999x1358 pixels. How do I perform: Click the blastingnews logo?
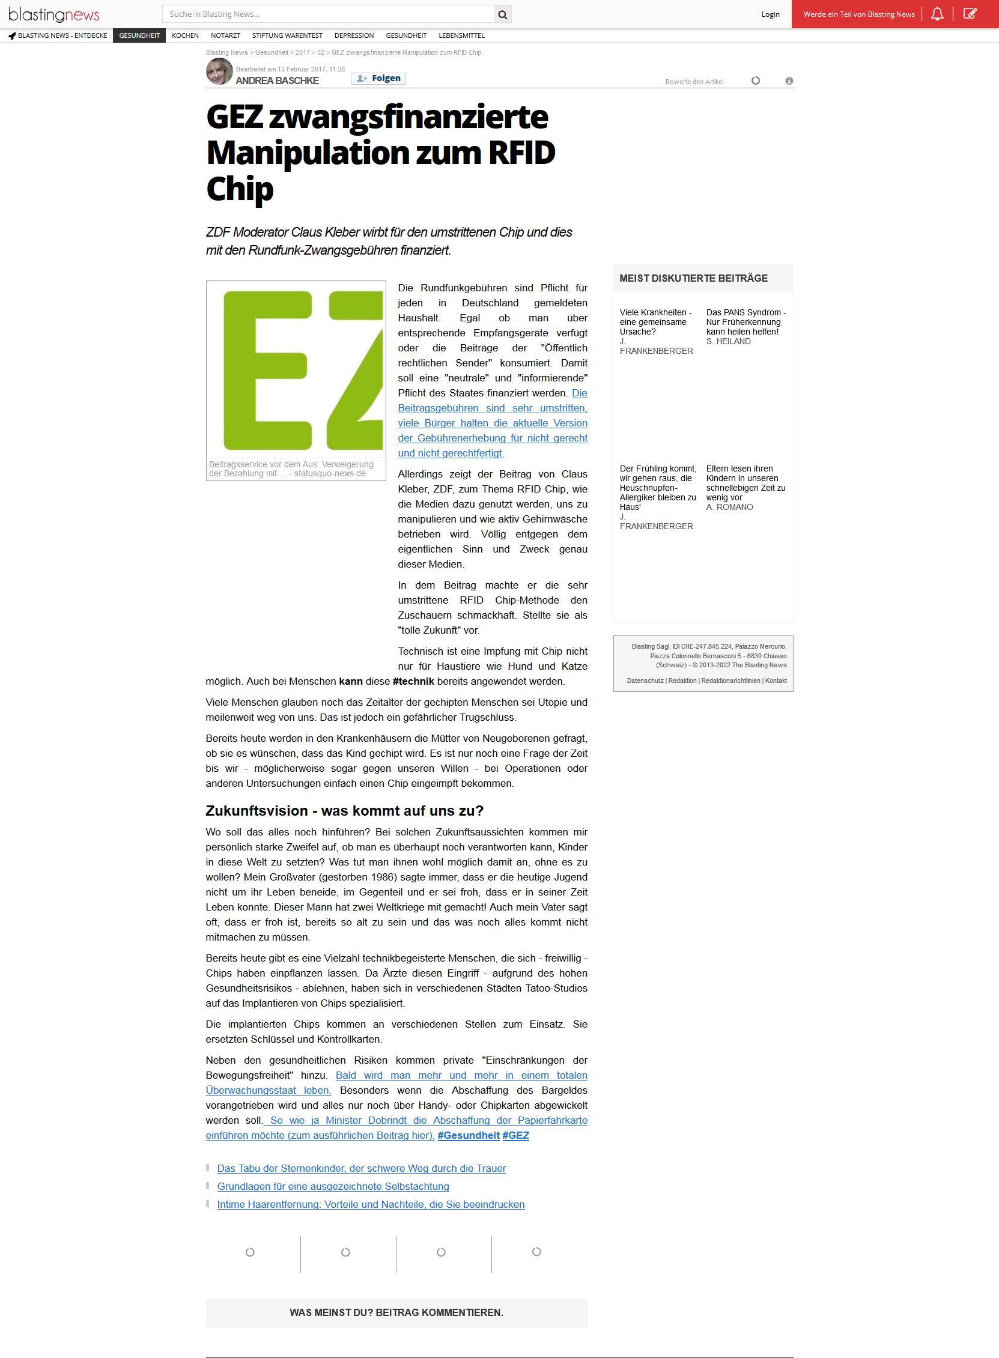[54, 14]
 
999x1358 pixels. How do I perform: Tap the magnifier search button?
[503, 14]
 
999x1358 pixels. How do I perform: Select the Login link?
[770, 14]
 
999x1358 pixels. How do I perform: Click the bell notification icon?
[937, 14]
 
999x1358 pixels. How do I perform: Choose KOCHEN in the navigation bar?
[185, 35]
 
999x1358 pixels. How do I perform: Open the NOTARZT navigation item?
[225, 35]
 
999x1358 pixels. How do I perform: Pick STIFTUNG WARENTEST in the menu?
[287, 35]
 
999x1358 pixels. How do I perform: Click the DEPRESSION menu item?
[354, 35]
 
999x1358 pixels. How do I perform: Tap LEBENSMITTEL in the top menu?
[461, 35]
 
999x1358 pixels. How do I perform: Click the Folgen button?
[378, 79]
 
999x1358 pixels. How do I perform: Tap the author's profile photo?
[219, 71]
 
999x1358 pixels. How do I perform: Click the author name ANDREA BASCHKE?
[277, 81]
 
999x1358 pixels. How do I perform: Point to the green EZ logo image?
[296, 370]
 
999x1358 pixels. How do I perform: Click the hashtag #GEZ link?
[515, 1136]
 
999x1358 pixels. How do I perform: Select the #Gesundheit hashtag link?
[469, 1136]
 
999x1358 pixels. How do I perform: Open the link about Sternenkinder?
[361, 1168]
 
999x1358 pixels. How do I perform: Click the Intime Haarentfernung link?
[371, 1204]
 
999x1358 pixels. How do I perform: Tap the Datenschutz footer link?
[645, 681]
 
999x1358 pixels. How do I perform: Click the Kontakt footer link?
[776, 681]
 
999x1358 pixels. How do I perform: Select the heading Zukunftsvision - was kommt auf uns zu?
[345, 811]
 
